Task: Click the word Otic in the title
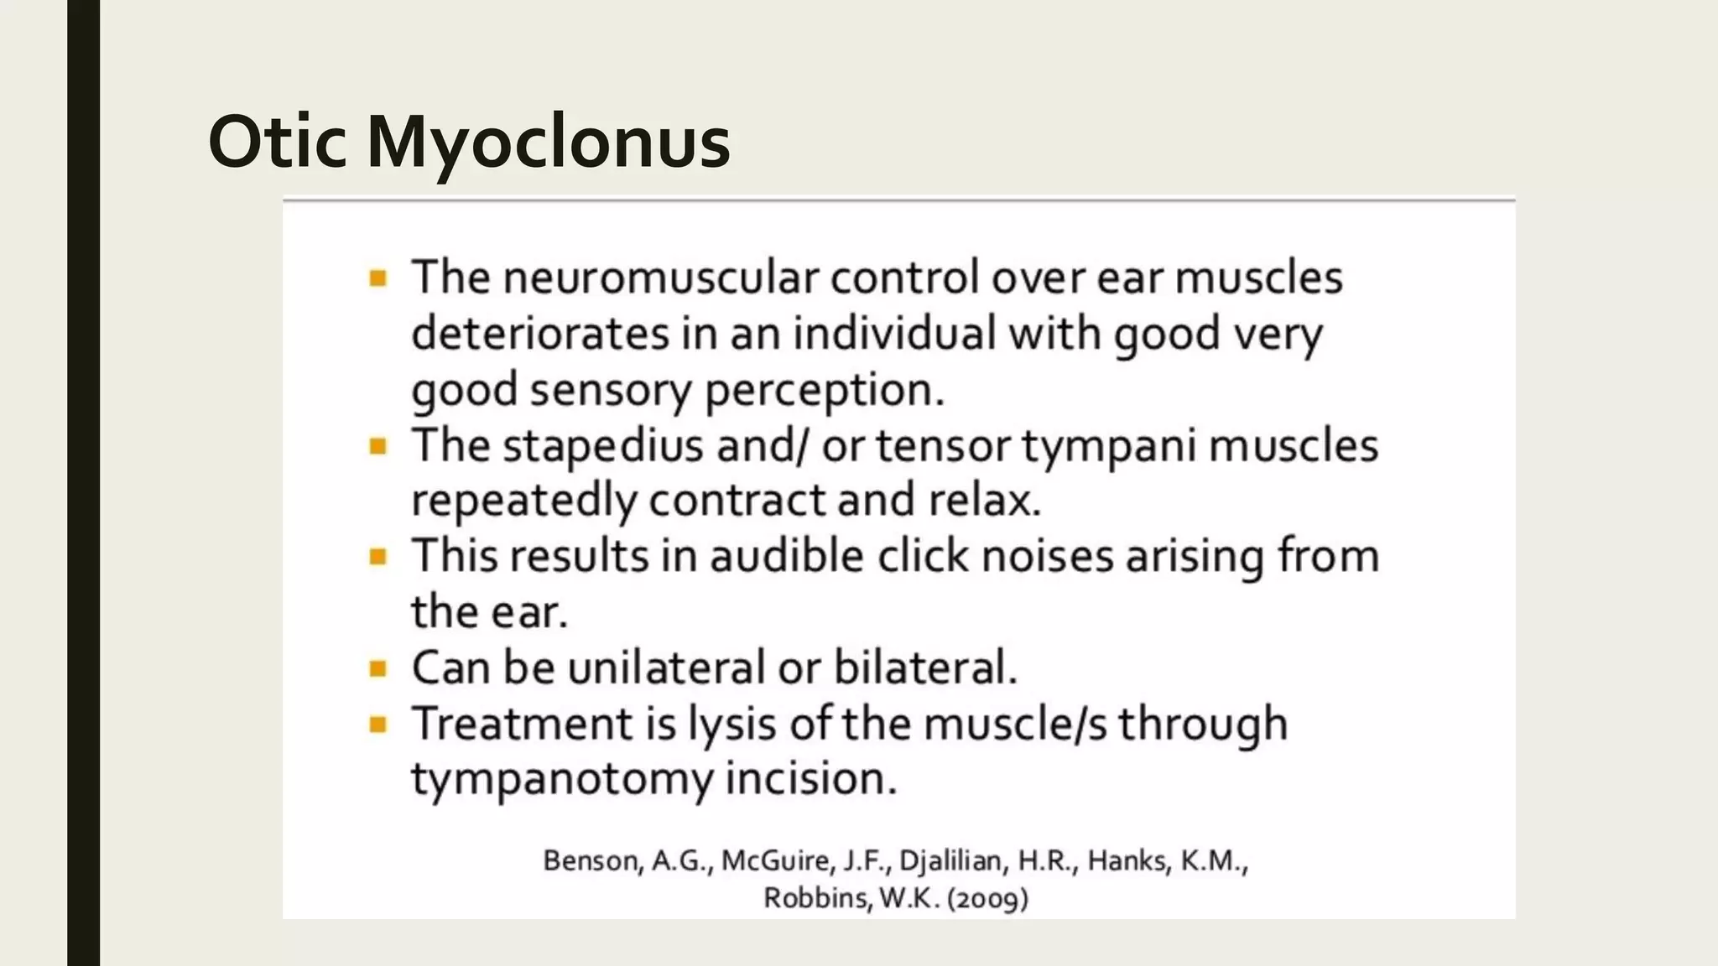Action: (x=277, y=141)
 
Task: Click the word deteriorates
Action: (x=540, y=334)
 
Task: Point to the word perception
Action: (x=824, y=391)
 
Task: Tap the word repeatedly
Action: (x=523, y=501)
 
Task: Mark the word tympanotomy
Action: (x=561, y=780)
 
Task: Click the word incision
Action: (x=810, y=779)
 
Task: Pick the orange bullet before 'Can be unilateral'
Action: (x=378, y=669)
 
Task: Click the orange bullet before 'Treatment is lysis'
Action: (x=378, y=724)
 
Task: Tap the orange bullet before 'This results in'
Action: (x=378, y=557)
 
